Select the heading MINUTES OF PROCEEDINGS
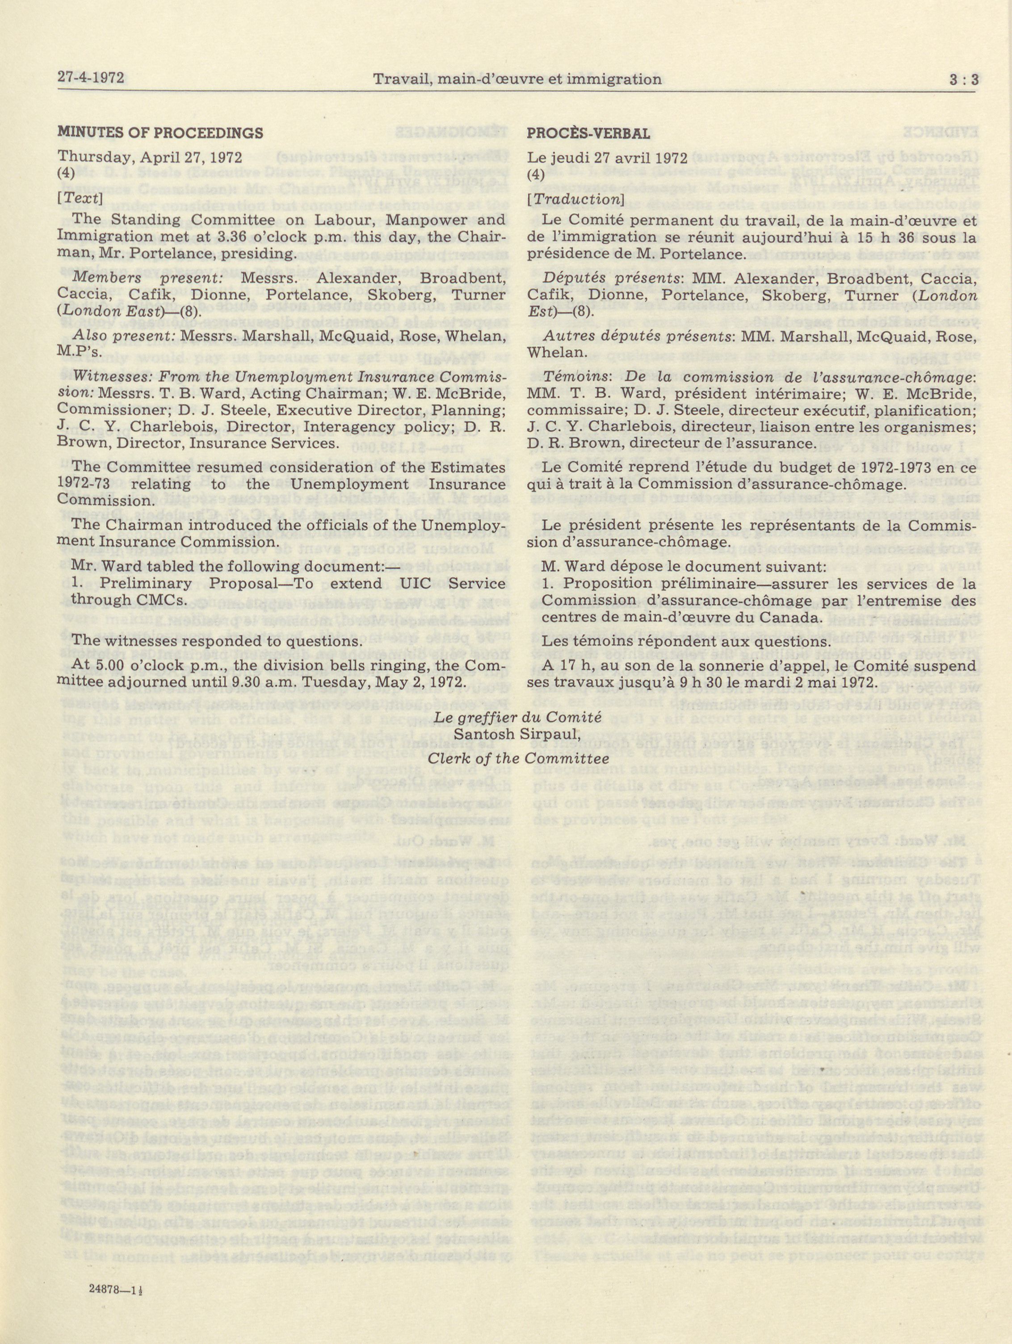click(160, 133)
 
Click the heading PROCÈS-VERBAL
click(588, 133)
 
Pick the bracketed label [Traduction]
click(575, 199)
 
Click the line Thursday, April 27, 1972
click(150, 156)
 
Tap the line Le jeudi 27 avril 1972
click(607, 157)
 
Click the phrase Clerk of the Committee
click(518, 758)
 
